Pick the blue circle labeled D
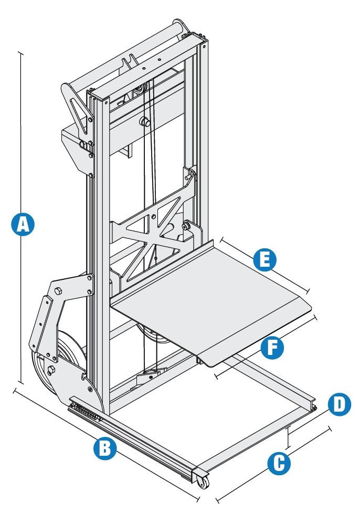point(338,404)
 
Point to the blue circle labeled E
point(264,260)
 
